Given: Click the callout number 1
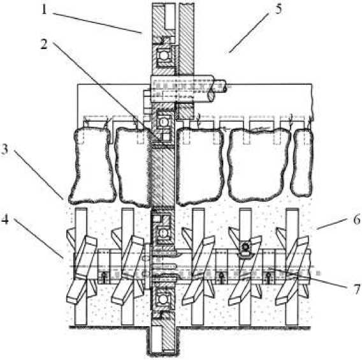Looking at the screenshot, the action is [44, 10].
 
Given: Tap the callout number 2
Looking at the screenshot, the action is [44, 44].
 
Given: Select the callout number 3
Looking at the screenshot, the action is [4, 150].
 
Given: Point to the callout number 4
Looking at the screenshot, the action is [5, 219].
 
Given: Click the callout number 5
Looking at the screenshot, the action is [279, 10].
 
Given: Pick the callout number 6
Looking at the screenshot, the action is [357, 219].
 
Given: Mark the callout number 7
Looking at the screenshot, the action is [357, 289].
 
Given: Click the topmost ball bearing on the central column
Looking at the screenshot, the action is [163, 55].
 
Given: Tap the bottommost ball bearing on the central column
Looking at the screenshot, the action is [163, 299].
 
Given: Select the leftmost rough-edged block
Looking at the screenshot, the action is [92, 166].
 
